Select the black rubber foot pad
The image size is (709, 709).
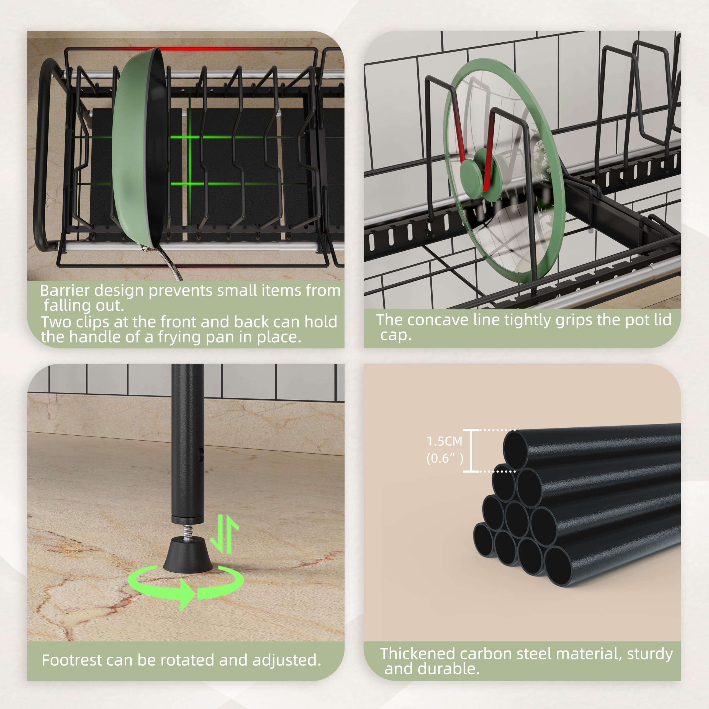pos(187,554)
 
